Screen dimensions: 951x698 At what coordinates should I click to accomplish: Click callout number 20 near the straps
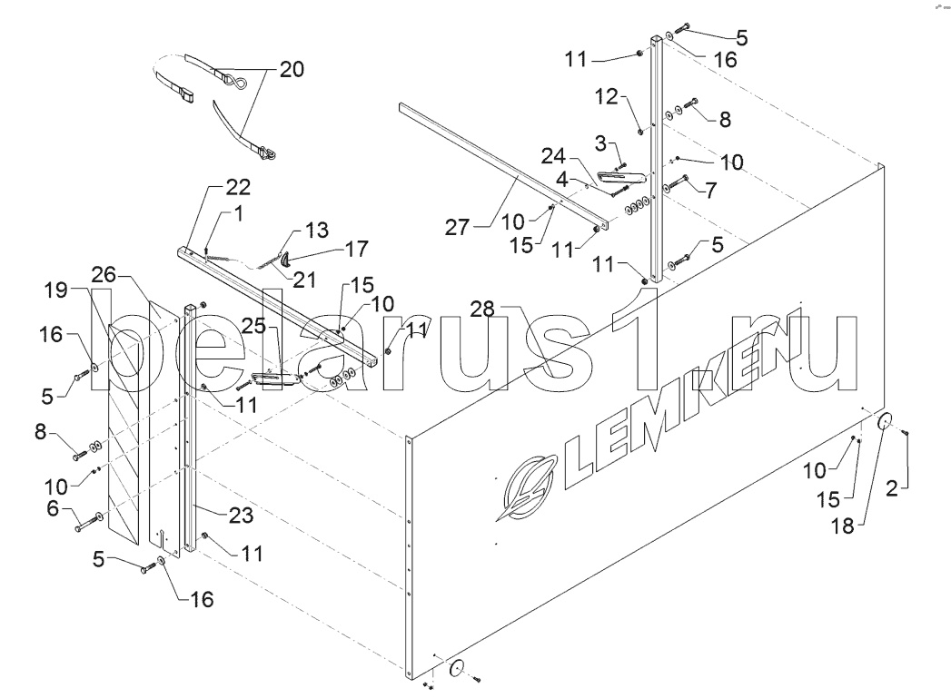pos(292,69)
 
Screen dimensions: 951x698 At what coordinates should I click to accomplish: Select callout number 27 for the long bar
pos(457,227)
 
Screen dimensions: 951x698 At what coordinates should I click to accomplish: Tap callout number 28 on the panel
pos(483,309)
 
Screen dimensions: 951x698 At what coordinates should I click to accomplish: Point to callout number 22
pos(238,187)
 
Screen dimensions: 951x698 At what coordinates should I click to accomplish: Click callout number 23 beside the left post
pos(241,515)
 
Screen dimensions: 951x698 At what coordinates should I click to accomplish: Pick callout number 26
pos(104,274)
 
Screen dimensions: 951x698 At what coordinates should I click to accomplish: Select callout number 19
pos(55,290)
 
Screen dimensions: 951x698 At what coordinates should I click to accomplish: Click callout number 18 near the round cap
pos(842,526)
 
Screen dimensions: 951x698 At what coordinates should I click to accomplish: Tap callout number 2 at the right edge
pos(892,488)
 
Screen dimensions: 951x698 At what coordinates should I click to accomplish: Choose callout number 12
pos(607,96)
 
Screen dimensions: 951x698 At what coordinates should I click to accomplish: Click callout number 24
pos(553,156)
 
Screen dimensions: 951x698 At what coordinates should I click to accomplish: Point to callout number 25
pos(254,326)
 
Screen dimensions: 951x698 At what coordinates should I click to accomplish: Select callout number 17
pos(356,249)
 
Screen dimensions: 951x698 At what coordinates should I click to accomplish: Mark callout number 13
pos(317,230)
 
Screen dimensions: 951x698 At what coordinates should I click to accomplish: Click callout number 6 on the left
pos(54,508)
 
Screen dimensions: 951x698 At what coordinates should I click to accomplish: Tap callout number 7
pos(709,191)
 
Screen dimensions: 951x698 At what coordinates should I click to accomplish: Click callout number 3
pos(600,143)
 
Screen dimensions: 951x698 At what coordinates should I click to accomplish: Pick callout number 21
pos(304,280)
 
